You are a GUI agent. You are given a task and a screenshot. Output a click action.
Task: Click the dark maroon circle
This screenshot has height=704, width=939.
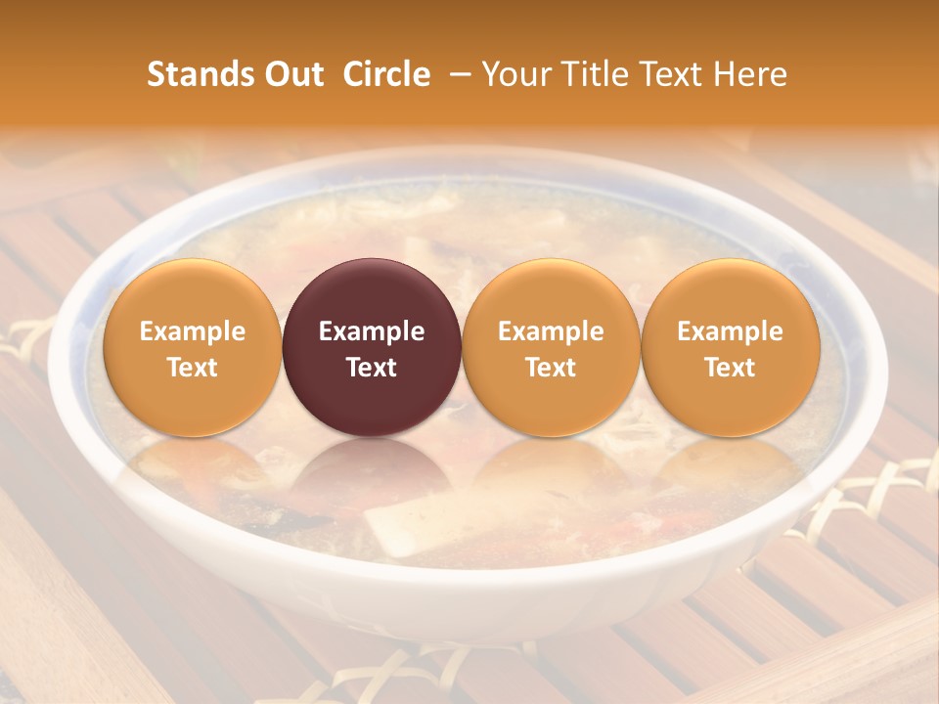tap(372, 347)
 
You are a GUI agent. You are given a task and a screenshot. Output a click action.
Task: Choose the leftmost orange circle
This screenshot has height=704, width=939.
tap(192, 347)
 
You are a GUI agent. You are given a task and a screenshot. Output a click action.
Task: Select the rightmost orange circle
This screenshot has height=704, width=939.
tap(730, 347)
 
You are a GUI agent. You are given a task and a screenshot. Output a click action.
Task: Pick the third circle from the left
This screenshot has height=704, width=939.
tap(551, 347)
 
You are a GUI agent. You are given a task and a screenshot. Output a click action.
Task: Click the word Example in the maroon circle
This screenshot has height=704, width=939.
tap(372, 331)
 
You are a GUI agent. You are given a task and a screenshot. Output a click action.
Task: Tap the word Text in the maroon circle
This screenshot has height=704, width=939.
tap(372, 367)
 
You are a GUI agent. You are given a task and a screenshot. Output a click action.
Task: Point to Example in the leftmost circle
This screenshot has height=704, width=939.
tap(192, 331)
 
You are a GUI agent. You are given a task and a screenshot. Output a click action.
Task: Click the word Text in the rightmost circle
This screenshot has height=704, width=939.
tap(730, 367)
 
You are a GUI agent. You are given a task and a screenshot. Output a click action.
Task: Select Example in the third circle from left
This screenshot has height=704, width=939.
tap(551, 331)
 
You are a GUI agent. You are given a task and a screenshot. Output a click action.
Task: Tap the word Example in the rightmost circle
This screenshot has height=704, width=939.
tap(730, 331)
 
